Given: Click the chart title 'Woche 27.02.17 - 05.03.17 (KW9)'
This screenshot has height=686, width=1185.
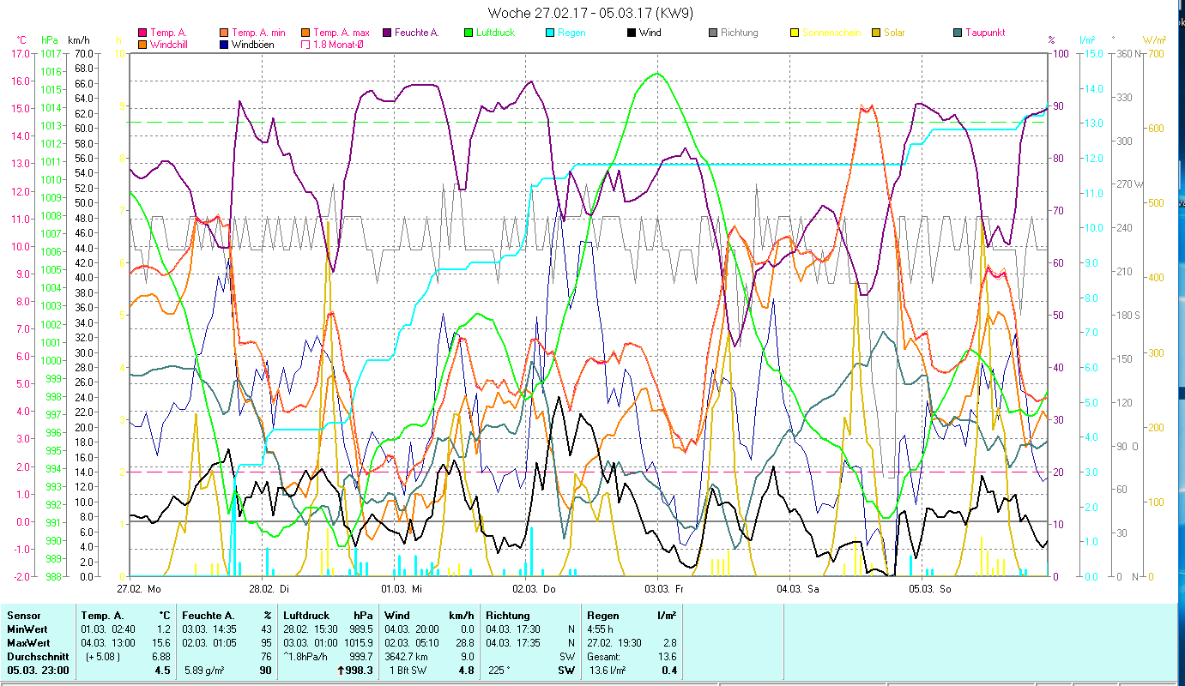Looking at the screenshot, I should click(x=591, y=13).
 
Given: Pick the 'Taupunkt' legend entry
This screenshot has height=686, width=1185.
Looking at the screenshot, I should click(x=984, y=33).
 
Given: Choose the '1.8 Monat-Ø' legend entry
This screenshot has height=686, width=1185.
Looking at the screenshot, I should click(x=337, y=45).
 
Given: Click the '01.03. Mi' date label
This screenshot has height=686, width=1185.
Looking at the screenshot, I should click(x=400, y=589).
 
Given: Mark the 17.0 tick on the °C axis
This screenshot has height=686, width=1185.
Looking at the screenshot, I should click(x=19, y=53).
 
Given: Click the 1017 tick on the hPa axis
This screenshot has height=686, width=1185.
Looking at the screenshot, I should click(x=51, y=53).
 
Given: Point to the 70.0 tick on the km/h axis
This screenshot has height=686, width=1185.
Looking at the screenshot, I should click(x=83, y=53).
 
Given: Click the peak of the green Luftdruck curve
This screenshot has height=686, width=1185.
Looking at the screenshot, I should click(x=657, y=74).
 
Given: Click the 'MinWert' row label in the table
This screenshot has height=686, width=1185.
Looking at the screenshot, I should click(x=28, y=629).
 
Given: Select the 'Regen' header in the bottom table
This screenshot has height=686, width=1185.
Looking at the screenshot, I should click(x=601, y=616).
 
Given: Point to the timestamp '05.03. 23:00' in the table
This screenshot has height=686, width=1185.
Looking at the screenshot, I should click(x=38, y=671).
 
